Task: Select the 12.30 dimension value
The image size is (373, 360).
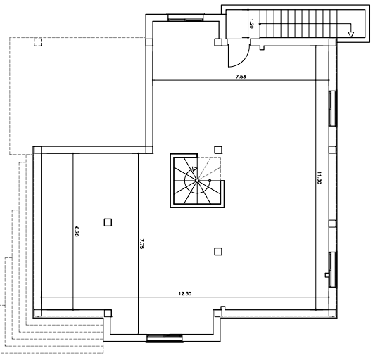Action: [x=185, y=292]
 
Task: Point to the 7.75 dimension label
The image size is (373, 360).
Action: [x=141, y=247]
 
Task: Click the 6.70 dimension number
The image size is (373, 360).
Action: [x=76, y=231]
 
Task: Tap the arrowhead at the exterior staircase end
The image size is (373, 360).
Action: [x=351, y=32]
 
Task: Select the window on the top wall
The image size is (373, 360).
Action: [x=186, y=14]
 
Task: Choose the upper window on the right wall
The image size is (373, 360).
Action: [x=334, y=106]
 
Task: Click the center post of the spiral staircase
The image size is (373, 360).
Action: [x=198, y=181]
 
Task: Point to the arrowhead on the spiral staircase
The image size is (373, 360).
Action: [x=194, y=169]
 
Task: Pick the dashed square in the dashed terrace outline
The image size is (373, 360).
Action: [x=35, y=43]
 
